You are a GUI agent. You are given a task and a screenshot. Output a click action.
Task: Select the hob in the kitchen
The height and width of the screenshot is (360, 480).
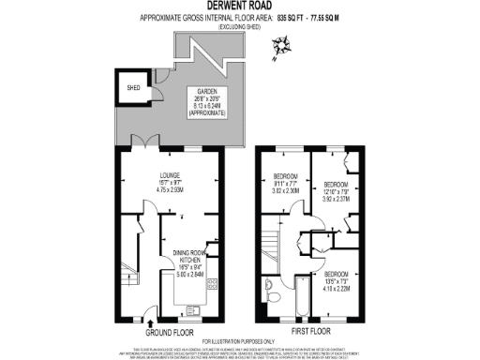(213, 285)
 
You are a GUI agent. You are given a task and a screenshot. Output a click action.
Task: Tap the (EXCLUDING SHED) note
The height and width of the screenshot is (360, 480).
(239, 26)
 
